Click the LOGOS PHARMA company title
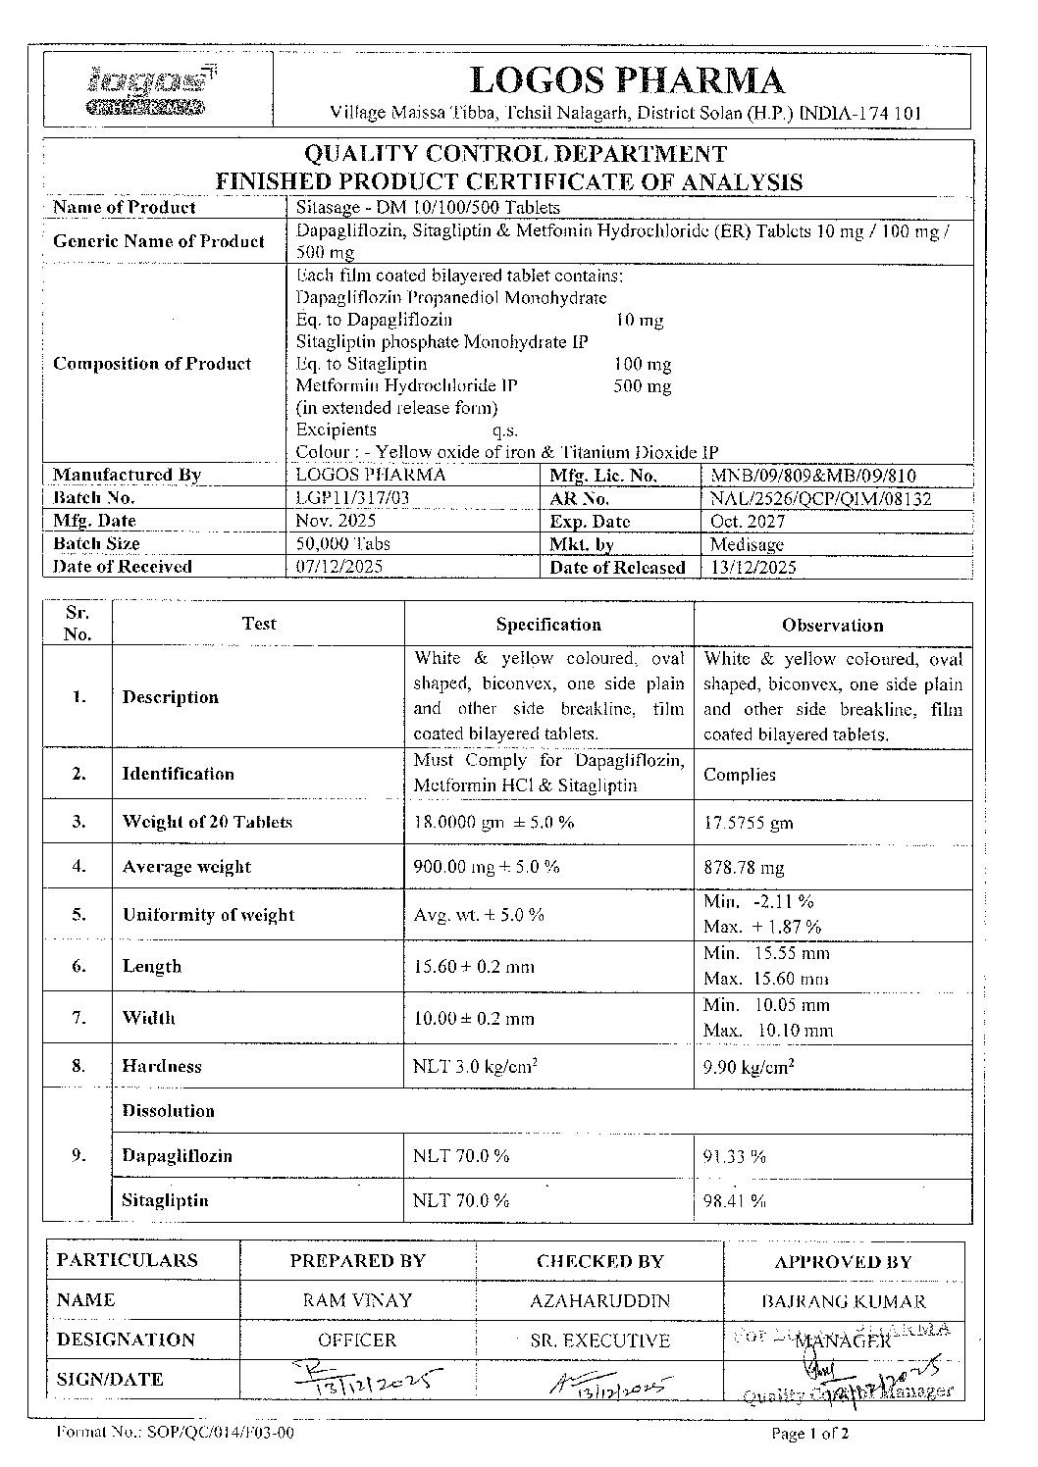tap(628, 80)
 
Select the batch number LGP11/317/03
tap(352, 498)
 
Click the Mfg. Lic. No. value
tap(812, 476)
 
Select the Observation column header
tap(832, 625)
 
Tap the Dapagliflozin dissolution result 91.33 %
tap(734, 1157)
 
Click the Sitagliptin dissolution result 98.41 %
tap(734, 1201)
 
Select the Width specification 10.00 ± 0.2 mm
tap(474, 1018)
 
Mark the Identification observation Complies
tap(740, 775)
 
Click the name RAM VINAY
tap(357, 1300)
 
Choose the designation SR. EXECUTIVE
tap(599, 1341)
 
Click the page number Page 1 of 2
tap(810, 1434)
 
